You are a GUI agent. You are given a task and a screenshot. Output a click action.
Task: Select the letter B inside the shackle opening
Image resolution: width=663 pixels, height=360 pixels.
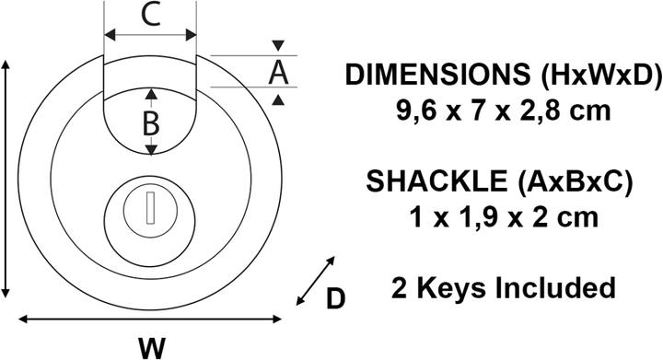[151, 122]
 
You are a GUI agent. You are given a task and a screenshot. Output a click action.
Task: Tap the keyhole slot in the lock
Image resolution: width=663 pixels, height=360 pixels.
[147, 209]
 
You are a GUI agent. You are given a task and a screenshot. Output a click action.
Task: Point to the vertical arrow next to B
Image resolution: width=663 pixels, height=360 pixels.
[151, 122]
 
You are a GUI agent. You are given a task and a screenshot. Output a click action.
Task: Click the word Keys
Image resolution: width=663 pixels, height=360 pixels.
[451, 287]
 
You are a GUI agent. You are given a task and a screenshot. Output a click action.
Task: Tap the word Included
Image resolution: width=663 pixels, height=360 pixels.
[555, 287]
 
